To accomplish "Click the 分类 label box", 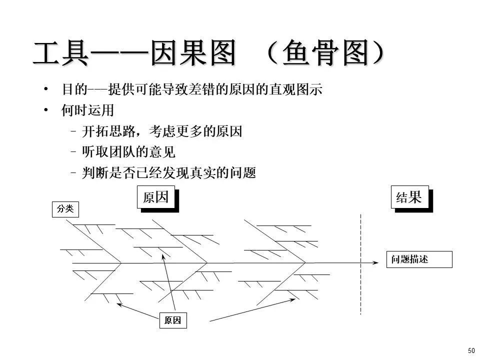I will click(65, 209).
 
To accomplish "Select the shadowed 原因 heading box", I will click(156, 197).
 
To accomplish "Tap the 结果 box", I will click(409, 197).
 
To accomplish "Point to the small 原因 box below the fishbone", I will click(172, 320).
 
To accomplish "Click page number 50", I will click(471, 350).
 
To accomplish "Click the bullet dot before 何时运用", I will click(46, 110).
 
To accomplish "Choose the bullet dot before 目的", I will click(46, 89).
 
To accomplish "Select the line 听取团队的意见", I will click(129, 152).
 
